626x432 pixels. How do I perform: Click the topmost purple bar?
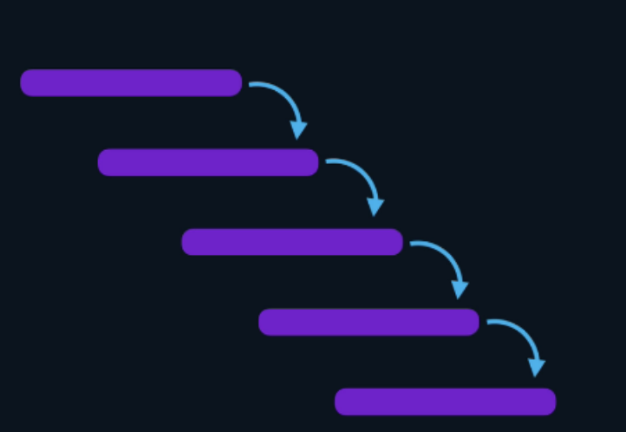(131, 82)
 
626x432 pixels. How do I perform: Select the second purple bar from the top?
(208, 162)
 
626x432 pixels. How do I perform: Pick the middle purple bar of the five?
(292, 242)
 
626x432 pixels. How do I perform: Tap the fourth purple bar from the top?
(368, 322)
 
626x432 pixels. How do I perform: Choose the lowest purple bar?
(445, 402)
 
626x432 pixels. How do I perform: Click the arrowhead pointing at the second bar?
(298, 130)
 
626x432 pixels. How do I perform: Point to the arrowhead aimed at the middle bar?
(375, 207)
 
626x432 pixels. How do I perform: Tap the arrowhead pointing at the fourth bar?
(460, 290)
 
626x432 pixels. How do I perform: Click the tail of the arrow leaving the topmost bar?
(251, 84)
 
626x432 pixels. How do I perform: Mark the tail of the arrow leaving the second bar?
(329, 160)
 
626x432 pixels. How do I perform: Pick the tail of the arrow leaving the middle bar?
(413, 243)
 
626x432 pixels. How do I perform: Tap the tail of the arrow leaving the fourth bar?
(490, 322)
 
